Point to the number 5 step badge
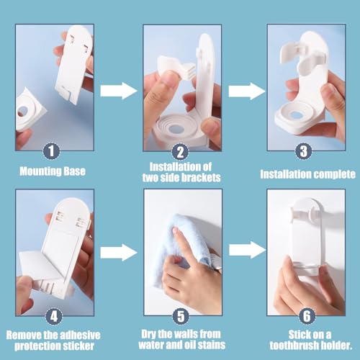[x=180, y=314]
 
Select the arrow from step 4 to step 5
[x=118, y=252]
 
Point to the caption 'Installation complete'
[x=307, y=174]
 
